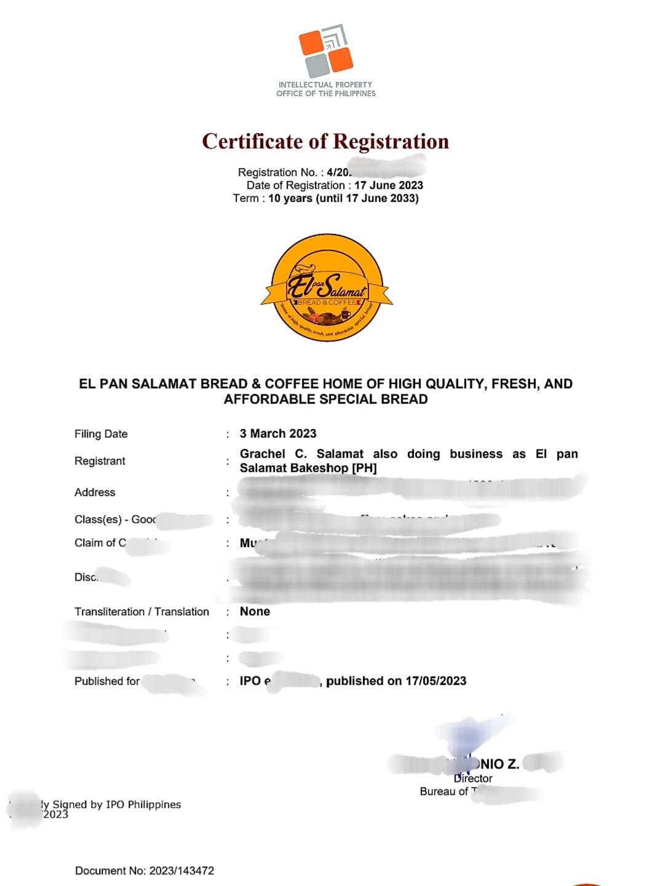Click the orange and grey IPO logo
coord(326,51)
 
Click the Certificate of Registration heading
coord(325,142)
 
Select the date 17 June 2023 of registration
coord(389,185)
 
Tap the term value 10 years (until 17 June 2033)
coord(343,198)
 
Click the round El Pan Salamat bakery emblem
coord(327,287)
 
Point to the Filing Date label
coord(101,434)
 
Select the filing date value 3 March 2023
coord(278,434)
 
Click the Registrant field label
coord(100,461)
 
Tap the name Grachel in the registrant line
coord(263,454)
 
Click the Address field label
coord(95,492)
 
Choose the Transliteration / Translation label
coord(141,612)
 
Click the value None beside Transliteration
coord(255,612)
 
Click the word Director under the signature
coord(473,778)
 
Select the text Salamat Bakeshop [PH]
coord(308,468)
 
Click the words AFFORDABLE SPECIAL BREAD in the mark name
coord(326,399)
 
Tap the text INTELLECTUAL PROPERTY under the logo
coord(325,85)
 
